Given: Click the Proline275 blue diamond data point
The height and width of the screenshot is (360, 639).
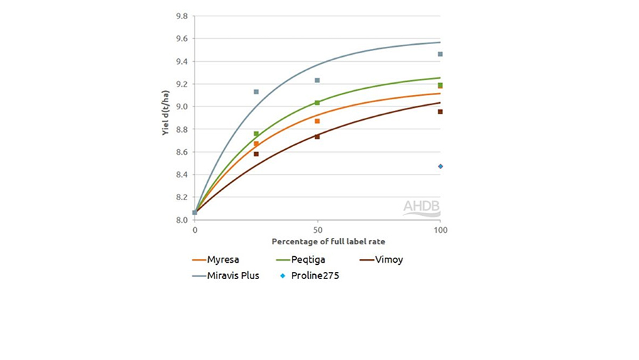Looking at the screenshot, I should [x=440, y=166].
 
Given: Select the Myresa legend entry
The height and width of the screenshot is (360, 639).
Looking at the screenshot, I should [x=224, y=260].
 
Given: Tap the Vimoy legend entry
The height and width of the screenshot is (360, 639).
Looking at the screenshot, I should [x=387, y=260].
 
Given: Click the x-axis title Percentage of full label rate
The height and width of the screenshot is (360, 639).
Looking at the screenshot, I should [x=317, y=242].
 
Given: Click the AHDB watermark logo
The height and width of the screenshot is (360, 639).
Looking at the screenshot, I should [x=421, y=207].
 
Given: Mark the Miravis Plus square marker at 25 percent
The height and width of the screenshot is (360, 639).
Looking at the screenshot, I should [x=256, y=92].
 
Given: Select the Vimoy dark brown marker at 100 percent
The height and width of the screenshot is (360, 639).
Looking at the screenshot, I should [x=440, y=111].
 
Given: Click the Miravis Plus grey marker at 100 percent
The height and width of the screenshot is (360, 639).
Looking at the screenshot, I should [x=440, y=54].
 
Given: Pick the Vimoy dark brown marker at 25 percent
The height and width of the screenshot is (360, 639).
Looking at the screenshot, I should [x=256, y=154].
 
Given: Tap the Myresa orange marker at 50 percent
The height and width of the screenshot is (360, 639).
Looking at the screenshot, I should [x=317, y=121].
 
